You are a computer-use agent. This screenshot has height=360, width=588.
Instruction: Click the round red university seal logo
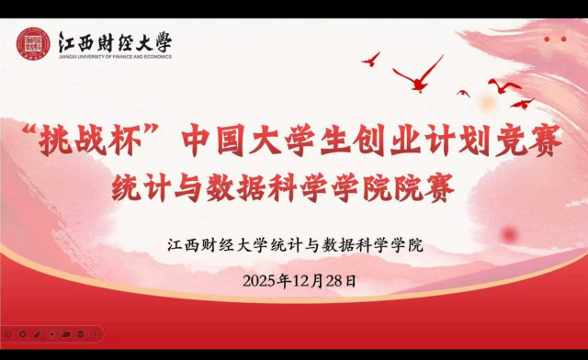[33, 44]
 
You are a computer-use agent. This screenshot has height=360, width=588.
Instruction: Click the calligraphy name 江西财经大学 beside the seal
[114, 41]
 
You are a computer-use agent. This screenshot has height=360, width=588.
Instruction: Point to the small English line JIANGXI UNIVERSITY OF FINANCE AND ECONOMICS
[114, 57]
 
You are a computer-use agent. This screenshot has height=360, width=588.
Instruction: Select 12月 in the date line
[302, 281]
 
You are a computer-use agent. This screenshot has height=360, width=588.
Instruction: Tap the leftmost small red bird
[371, 59]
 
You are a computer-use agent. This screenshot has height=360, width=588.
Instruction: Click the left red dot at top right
[548, 39]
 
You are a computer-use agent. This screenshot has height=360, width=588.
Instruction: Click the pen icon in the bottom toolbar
[37, 334]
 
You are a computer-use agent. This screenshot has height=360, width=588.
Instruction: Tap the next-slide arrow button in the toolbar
[22, 334]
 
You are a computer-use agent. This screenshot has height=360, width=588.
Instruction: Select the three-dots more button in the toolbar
[81, 334]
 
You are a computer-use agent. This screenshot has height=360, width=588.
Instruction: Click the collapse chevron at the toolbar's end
[95, 334]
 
